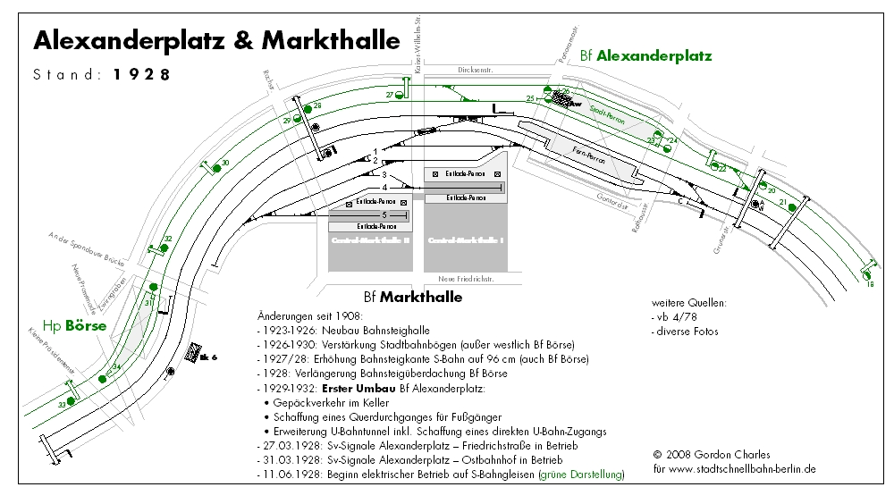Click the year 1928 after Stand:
(x=142, y=75)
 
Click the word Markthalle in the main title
(x=330, y=40)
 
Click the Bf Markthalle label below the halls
(x=413, y=297)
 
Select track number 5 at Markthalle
(x=384, y=215)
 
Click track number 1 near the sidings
(x=376, y=150)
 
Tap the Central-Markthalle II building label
(x=369, y=240)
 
